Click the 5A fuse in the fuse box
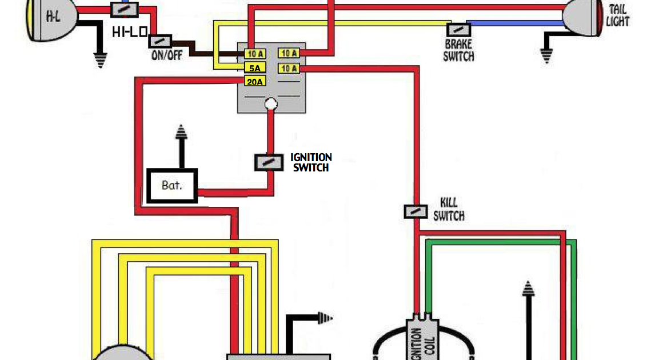255,67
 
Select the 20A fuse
255,82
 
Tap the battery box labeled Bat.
172,185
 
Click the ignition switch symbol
269,162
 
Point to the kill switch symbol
416,211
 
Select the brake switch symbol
458,29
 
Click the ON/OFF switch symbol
161,41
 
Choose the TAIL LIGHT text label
618,16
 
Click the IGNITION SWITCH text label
311,162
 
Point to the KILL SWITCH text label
449,209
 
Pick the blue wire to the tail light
514,24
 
